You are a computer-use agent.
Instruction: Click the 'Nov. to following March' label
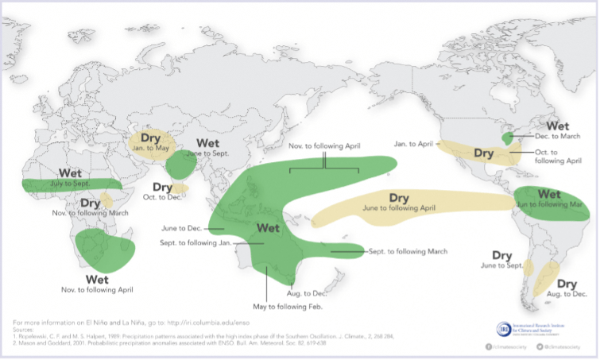[90, 214]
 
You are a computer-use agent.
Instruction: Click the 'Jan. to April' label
[413, 144]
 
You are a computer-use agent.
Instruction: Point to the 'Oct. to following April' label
[563, 156]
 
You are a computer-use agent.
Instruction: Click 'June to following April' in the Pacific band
[399, 208]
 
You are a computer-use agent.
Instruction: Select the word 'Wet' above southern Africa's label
[97, 279]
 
